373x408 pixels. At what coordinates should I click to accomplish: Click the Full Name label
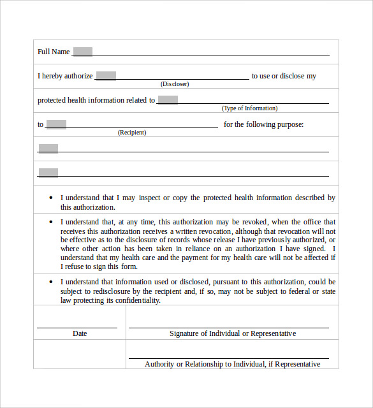pos(54,52)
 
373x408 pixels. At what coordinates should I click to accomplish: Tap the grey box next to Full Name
pos(83,52)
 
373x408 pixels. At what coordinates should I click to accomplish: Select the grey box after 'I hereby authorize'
pos(106,76)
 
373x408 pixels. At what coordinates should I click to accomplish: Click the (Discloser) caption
pos(175,84)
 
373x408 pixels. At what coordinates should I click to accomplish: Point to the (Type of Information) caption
pos(249,108)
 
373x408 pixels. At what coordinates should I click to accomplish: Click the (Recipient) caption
pos(132,133)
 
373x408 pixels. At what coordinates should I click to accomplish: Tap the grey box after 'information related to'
pos(168,100)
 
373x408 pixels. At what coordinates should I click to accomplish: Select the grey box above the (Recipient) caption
pos(56,124)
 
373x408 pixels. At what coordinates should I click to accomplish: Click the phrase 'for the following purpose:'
pos(263,124)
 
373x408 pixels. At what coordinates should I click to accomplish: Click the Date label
pos(80,333)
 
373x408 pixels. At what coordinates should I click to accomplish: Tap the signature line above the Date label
pos(77,327)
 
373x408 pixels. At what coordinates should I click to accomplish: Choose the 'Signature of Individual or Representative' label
pos(233,333)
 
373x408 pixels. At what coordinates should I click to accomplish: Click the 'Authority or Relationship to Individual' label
pos(233,364)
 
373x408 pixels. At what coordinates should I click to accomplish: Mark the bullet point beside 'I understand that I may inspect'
pos(51,198)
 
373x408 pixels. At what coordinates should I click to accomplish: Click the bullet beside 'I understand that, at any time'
pos(51,222)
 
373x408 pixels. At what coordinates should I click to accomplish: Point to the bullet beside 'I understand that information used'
pos(51,282)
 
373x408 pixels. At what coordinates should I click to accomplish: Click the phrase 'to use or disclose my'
pos(284,76)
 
